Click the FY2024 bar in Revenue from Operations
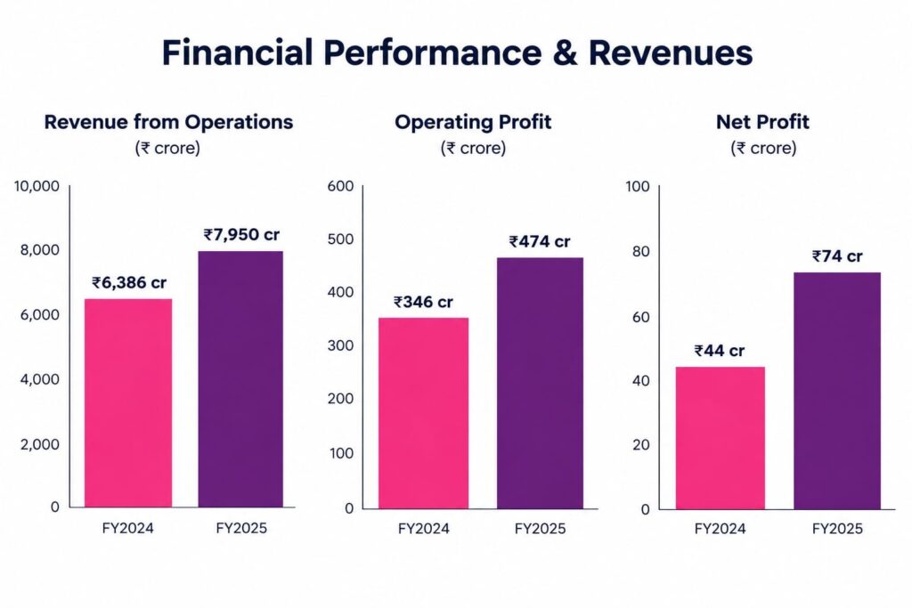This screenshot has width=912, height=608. [128, 403]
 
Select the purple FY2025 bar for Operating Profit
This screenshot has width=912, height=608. [540, 383]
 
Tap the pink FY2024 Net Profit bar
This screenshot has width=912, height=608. [720, 438]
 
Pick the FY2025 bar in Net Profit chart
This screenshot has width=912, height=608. [837, 391]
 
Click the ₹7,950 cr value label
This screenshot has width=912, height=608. [241, 235]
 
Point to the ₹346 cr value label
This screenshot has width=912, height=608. [423, 303]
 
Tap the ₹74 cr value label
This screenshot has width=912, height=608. [837, 256]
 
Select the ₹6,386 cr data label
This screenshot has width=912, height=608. [129, 283]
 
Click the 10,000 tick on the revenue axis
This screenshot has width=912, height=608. [37, 186]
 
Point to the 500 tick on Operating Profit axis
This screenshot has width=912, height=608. [340, 239]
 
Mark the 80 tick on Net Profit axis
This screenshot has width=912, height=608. [640, 252]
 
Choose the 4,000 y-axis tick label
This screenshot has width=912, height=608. [40, 379]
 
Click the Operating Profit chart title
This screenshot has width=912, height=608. [473, 122]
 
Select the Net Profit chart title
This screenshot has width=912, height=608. [762, 122]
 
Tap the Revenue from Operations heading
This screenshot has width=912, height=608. [168, 122]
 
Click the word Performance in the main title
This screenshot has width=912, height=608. [432, 53]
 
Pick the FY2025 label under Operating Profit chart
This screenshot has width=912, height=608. [540, 529]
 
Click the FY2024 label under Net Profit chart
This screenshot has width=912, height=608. [720, 529]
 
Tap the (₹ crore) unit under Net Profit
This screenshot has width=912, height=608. [763, 149]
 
